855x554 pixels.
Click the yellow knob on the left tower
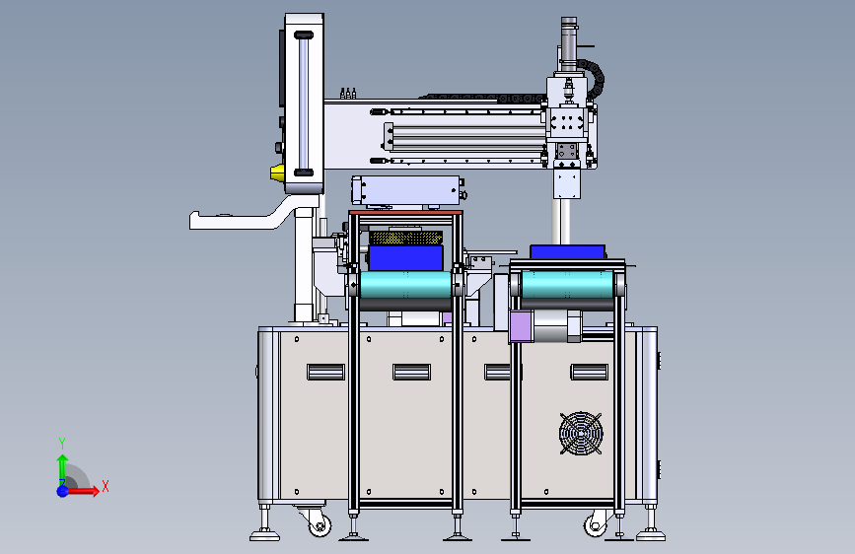coord(277,173)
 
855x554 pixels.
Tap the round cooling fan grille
coord(581,434)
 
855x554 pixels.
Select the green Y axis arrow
coord(62,470)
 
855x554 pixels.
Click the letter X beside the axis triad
coord(106,486)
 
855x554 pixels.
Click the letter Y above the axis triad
coord(62,444)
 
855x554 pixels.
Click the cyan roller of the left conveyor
coord(405,285)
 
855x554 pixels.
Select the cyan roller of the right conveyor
coord(567,284)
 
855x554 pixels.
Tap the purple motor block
coord(522,326)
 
